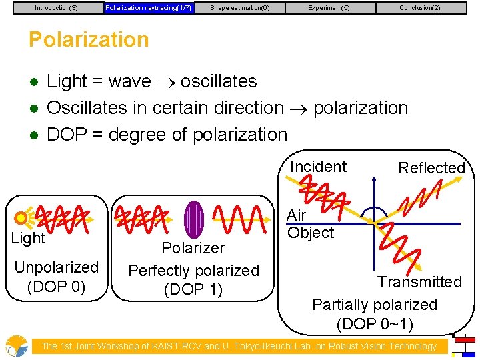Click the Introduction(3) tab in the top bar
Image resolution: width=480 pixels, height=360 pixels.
coord(56,8)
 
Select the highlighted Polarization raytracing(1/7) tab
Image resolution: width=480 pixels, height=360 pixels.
coord(148,8)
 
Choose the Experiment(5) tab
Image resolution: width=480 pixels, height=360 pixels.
coord(329,8)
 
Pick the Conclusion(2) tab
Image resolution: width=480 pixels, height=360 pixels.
coord(420,8)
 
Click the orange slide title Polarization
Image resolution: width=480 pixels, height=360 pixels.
coord(89,39)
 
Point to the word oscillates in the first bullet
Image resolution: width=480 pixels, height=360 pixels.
coord(219,81)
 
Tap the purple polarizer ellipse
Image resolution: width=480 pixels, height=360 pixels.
coord(194,219)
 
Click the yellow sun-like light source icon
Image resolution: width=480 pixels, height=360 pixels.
coord(23,217)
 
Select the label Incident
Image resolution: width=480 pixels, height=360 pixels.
coord(318,167)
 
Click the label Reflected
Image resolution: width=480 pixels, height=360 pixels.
coord(431,168)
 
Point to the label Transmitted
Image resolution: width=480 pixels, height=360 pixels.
coord(419,282)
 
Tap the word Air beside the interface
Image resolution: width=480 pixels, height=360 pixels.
coord(297,216)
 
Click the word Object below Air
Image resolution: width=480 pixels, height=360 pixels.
coord(311,233)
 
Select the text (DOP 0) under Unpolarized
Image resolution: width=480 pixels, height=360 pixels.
coord(56,287)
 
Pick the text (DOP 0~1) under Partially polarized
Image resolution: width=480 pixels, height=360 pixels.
coord(375,325)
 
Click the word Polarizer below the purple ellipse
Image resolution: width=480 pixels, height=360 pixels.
coord(193,248)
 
